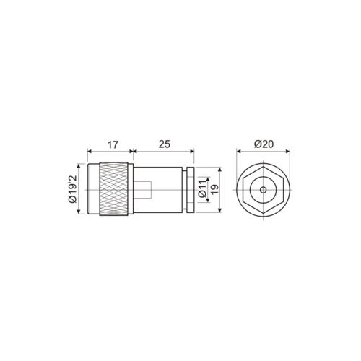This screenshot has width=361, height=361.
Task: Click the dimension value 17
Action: [x=111, y=144]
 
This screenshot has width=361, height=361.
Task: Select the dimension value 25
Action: [x=164, y=144]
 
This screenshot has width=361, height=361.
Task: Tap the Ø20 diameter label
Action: [x=264, y=144]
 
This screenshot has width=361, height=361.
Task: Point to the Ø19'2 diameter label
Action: [x=73, y=188]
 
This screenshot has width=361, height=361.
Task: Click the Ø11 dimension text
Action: [x=203, y=189]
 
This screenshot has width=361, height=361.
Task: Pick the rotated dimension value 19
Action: [x=214, y=189]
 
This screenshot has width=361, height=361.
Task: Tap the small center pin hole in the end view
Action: [x=264, y=189]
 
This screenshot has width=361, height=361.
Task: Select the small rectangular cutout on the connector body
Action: [x=144, y=189]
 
